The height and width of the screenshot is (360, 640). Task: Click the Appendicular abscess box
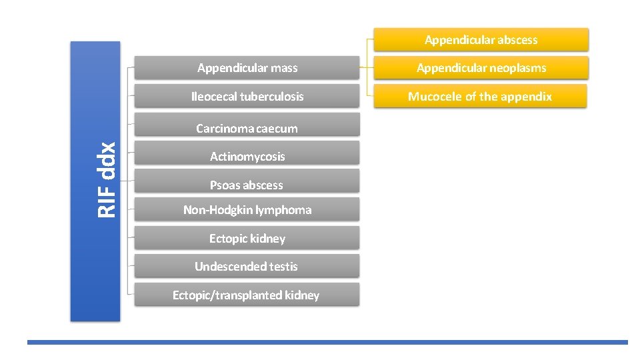481,40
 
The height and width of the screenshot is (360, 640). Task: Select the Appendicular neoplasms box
481,68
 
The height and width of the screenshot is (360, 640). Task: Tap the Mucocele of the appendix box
480,97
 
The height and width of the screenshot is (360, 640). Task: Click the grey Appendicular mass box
247,68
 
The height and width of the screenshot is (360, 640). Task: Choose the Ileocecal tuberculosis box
247,97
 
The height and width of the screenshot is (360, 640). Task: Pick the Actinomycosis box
247,157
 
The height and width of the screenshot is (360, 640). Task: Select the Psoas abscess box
247,185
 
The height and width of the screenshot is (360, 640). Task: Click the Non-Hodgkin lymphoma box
247,210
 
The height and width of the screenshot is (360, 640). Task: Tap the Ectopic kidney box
247,239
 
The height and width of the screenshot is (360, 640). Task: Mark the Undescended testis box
247,267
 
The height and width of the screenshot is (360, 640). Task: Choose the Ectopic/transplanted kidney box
247,295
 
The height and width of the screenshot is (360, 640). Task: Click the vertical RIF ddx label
107,180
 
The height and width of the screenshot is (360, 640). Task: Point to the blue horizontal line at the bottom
327,342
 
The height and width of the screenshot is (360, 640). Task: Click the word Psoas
225,185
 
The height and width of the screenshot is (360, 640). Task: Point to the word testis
283,267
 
